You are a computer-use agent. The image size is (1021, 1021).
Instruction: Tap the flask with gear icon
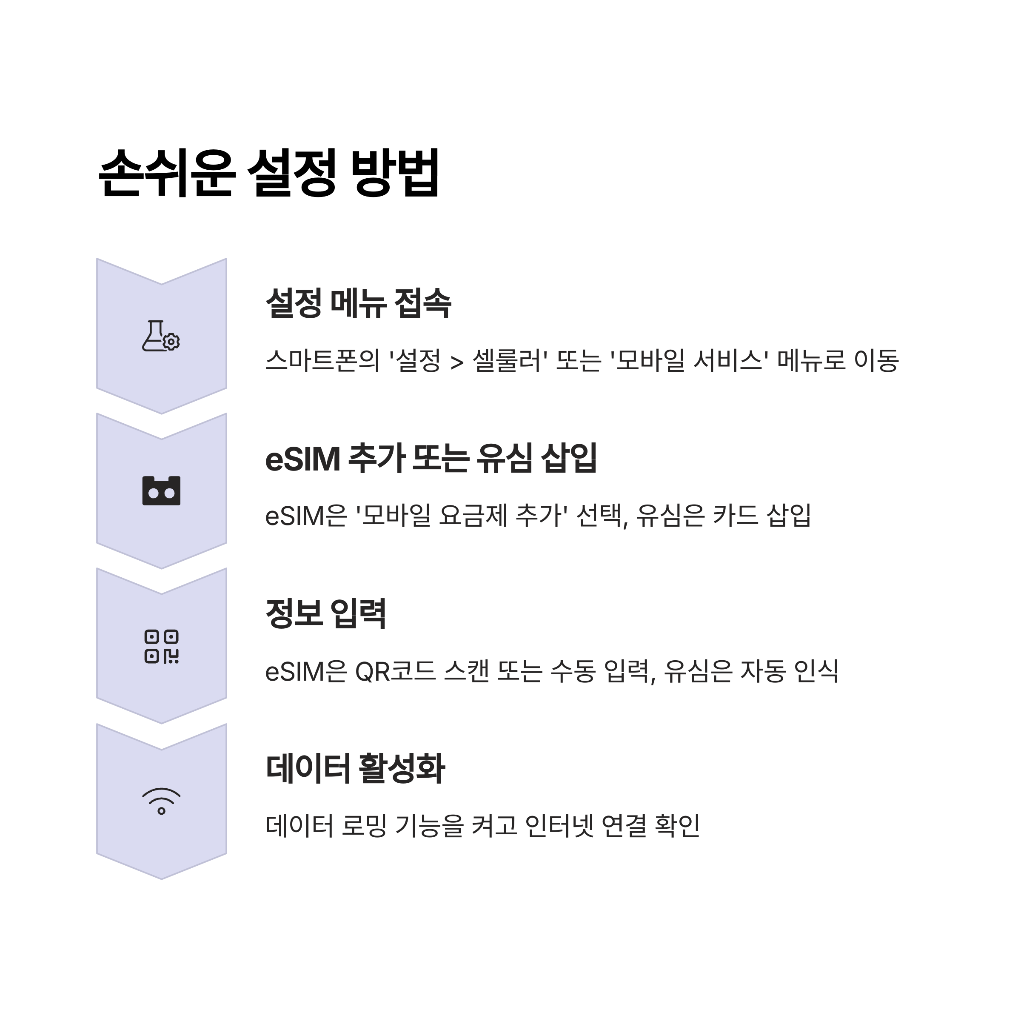pos(161,336)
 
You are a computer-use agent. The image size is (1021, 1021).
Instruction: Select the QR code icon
pos(161,646)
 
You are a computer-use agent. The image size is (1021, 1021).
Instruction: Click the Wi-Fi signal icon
pos(161,801)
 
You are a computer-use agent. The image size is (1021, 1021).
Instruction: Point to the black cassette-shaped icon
pos(161,491)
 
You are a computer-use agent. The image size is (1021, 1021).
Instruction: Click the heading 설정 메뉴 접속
pos(358,303)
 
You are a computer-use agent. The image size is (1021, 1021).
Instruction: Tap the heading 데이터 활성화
pos(355,768)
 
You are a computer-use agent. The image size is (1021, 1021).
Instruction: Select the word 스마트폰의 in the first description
pos(322,360)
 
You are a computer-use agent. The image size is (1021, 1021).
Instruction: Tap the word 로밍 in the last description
pos(364,826)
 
